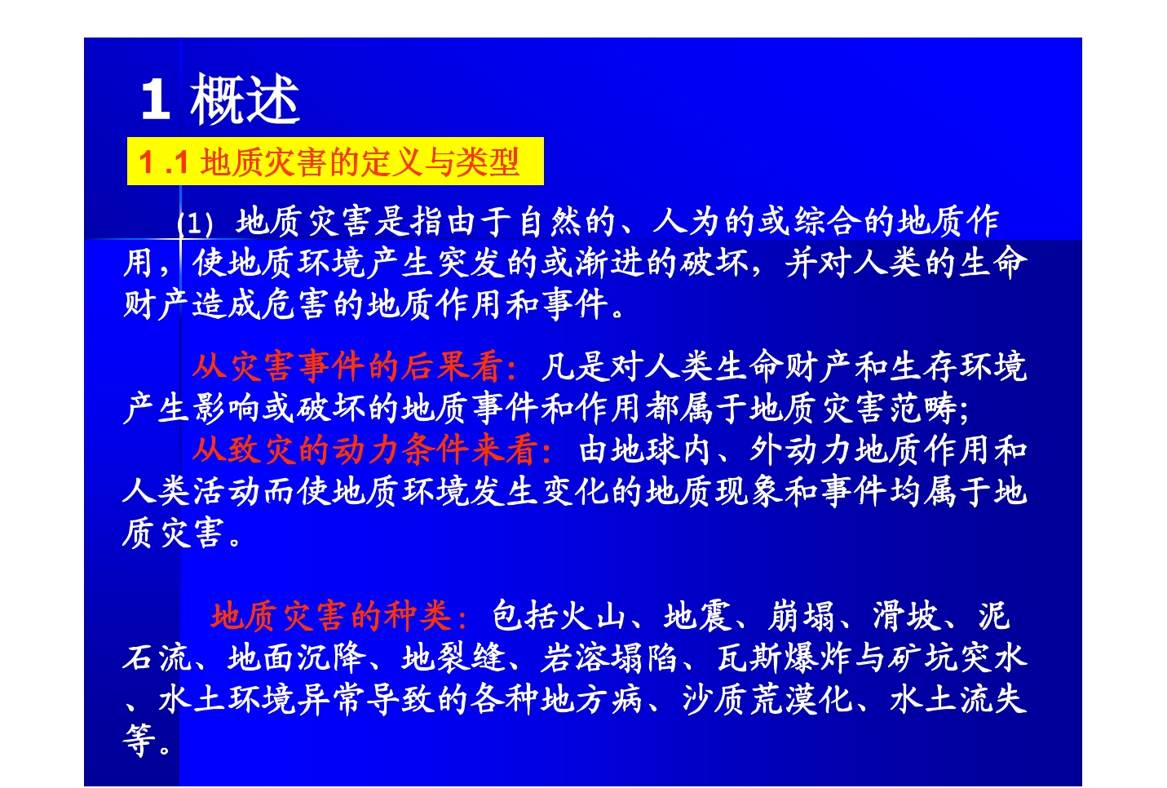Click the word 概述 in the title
click(x=245, y=99)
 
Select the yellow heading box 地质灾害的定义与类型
click(x=335, y=161)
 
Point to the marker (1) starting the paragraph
click(x=195, y=224)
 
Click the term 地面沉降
click(x=297, y=657)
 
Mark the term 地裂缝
click(x=453, y=657)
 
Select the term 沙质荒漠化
click(x=767, y=699)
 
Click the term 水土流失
click(x=958, y=699)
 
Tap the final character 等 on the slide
click(x=139, y=740)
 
